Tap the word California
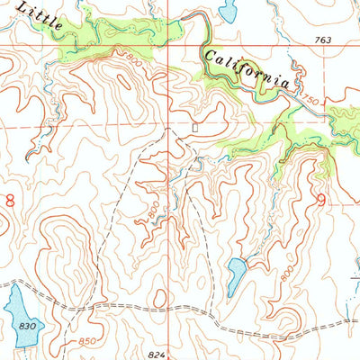pyautogui.click(x=247, y=69)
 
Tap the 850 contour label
pyautogui.click(x=87, y=340)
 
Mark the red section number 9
pyautogui.click(x=321, y=202)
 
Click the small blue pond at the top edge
pyautogui.click(x=227, y=12)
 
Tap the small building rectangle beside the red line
pyautogui.click(x=194, y=128)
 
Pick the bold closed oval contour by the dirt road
pyautogui.click(x=159, y=298)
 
